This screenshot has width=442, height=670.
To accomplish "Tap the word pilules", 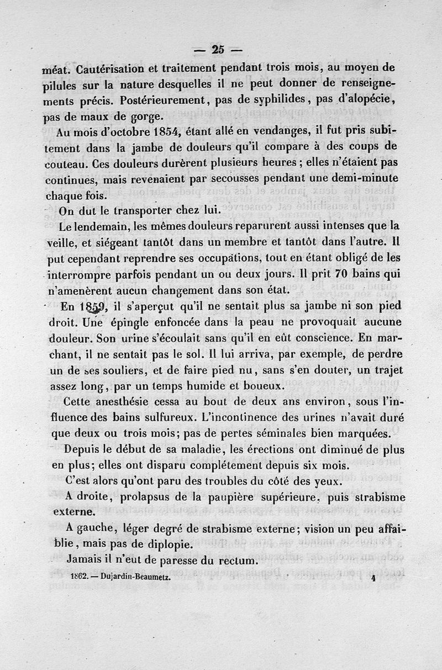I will point(61,85).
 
